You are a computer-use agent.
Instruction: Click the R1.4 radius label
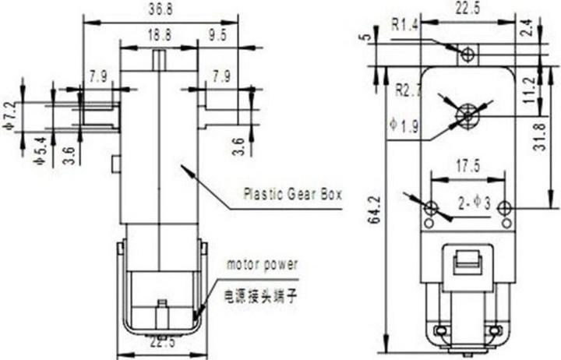click(x=406, y=25)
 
